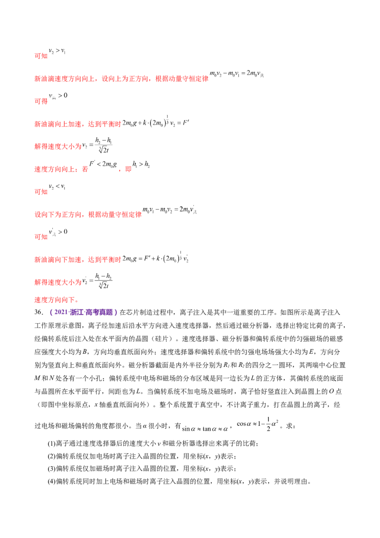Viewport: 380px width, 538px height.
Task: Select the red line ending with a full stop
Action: [x=57, y=300]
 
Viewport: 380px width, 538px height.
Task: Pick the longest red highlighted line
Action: [x=121, y=77]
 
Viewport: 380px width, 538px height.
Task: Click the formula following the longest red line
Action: [x=237, y=74]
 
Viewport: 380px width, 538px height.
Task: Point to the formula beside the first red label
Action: [x=57, y=51]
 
